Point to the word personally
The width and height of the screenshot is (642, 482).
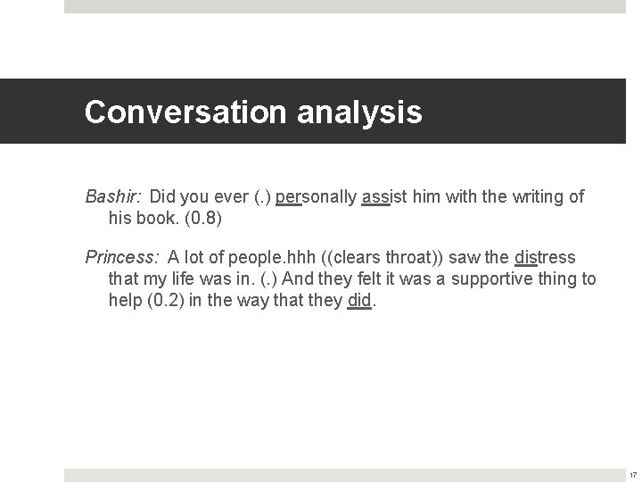pyautogui.click(x=317, y=196)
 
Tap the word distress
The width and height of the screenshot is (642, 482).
pyautogui.click(x=546, y=258)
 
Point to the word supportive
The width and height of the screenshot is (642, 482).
pyautogui.click(x=495, y=279)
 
